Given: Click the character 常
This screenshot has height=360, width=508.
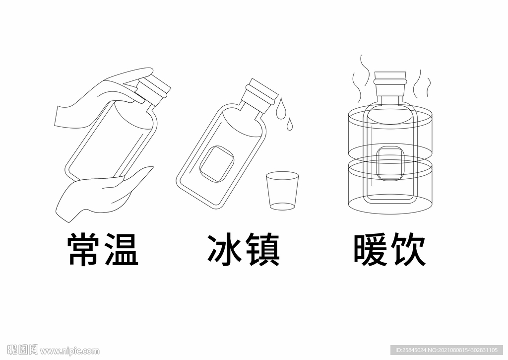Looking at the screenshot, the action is pyautogui.click(x=83, y=249).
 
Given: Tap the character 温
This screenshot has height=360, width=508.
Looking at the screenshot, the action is pyautogui.click(x=121, y=249).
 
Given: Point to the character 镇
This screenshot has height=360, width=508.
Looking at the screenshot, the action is pyautogui.click(x=262, y=249).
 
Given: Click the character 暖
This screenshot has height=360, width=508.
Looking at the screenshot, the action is pyautogui.click(x=370, y=249).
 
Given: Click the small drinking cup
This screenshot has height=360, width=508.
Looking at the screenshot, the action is pyautogui.click(x=282, y=191).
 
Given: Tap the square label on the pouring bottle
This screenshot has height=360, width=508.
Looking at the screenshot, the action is pyautogui.click(x=216, y=164).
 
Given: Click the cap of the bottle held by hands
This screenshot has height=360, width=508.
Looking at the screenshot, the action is pyautogui.click(x=154, y=90).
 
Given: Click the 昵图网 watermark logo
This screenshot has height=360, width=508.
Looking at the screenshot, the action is pyautogui.click(x=23, y=350).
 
